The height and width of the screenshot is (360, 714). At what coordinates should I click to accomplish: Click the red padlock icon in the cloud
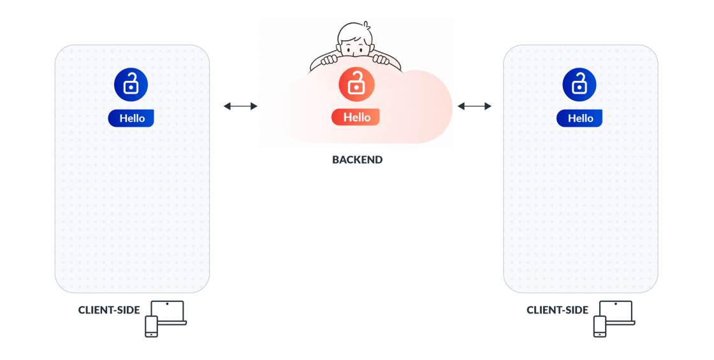point(356,83)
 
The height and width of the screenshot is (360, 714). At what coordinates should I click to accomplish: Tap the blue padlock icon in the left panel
point(131,84)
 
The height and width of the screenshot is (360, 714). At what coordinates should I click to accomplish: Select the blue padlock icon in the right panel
point(579,84)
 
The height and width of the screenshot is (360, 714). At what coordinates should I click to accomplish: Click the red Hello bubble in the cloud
point(356,117)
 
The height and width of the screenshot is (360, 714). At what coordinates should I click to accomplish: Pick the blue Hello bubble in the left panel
point(131,119)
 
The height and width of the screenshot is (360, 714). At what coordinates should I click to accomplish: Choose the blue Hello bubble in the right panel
point(579,119)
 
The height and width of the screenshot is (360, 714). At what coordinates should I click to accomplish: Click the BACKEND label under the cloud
point(358,160)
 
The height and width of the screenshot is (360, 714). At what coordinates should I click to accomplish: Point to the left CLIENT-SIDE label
point(109,310)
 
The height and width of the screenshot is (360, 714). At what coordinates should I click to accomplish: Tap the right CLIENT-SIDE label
point(557,310)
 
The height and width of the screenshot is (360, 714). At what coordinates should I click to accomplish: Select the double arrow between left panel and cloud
point(240,106)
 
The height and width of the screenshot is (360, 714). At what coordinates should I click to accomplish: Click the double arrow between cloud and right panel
point(474,106)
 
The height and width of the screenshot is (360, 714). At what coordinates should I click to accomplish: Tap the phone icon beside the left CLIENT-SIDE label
point(151,327)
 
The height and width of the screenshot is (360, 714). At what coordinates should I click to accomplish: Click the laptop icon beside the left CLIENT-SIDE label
point(169,313)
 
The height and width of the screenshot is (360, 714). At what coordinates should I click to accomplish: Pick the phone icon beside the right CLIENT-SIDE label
point(600,327)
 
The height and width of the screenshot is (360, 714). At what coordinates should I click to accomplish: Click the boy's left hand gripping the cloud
point(329,60)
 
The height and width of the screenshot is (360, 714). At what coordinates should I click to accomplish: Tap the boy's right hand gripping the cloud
point(381,59)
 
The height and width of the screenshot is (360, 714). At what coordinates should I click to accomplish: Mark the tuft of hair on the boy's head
point(366,25)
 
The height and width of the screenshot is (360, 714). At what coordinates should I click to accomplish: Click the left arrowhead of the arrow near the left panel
point(227,106)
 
